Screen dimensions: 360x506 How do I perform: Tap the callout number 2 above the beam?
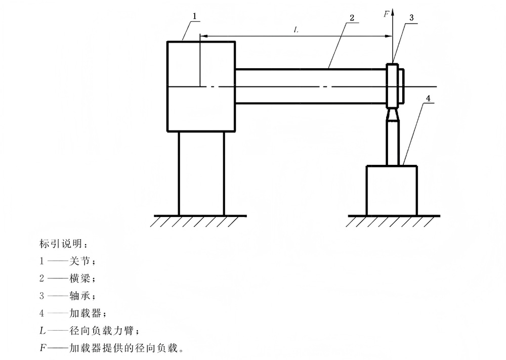pyautogui.click(x=351, y=17)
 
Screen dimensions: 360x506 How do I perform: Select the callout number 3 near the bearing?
pyautogui.click(x=411, y=17)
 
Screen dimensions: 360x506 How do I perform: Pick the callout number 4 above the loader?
pyautogui.click(x=428, y=99)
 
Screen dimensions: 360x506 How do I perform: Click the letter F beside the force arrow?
pyautogui.click(x=387, y=14)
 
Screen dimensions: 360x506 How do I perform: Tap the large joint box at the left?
pyautogui.click(x=201, y=86)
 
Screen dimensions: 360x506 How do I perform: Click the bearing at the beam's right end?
pyautogui.click(x=393, y=85)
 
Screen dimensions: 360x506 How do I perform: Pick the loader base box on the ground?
pyautogui.click(x=392, y=190)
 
